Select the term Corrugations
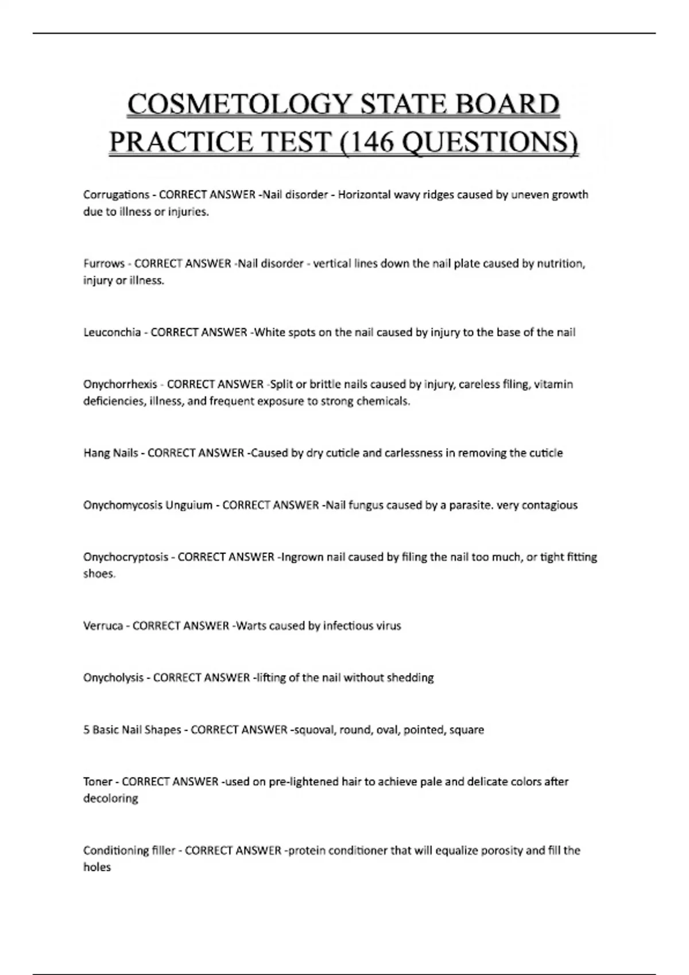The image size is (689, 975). pos(117,194)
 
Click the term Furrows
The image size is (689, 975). pos(104,264)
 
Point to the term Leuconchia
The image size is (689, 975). pos(112,333)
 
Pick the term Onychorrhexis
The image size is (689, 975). pos(120,384)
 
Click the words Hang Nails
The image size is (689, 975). pos(111,453)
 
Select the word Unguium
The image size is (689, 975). pos(189,505)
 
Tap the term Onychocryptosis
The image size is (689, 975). pos(126,557)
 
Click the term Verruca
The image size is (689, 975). pos(103,626)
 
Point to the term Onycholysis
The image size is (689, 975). pos(113,678)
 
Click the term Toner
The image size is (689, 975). pos(98,782)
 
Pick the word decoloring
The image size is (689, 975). pos(111,798)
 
